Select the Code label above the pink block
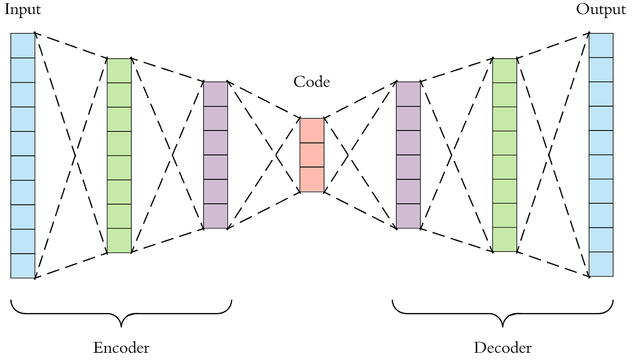[311, 82]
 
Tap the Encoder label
[121, 348]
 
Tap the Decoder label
[503, 348]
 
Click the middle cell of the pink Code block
[312, 155]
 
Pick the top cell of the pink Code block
[312, 131]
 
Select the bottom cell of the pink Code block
[312, 179]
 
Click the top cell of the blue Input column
[23, 46]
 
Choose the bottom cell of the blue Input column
[23, 266]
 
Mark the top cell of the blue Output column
[601, 45]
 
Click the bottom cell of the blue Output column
[601, 264]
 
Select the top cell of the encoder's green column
[119, 70]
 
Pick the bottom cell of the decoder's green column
[504, 239]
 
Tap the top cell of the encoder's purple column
[215, 94]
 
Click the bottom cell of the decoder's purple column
[408, 216]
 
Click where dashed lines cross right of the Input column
[75, 155]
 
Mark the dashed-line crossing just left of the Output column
[549, 155]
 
